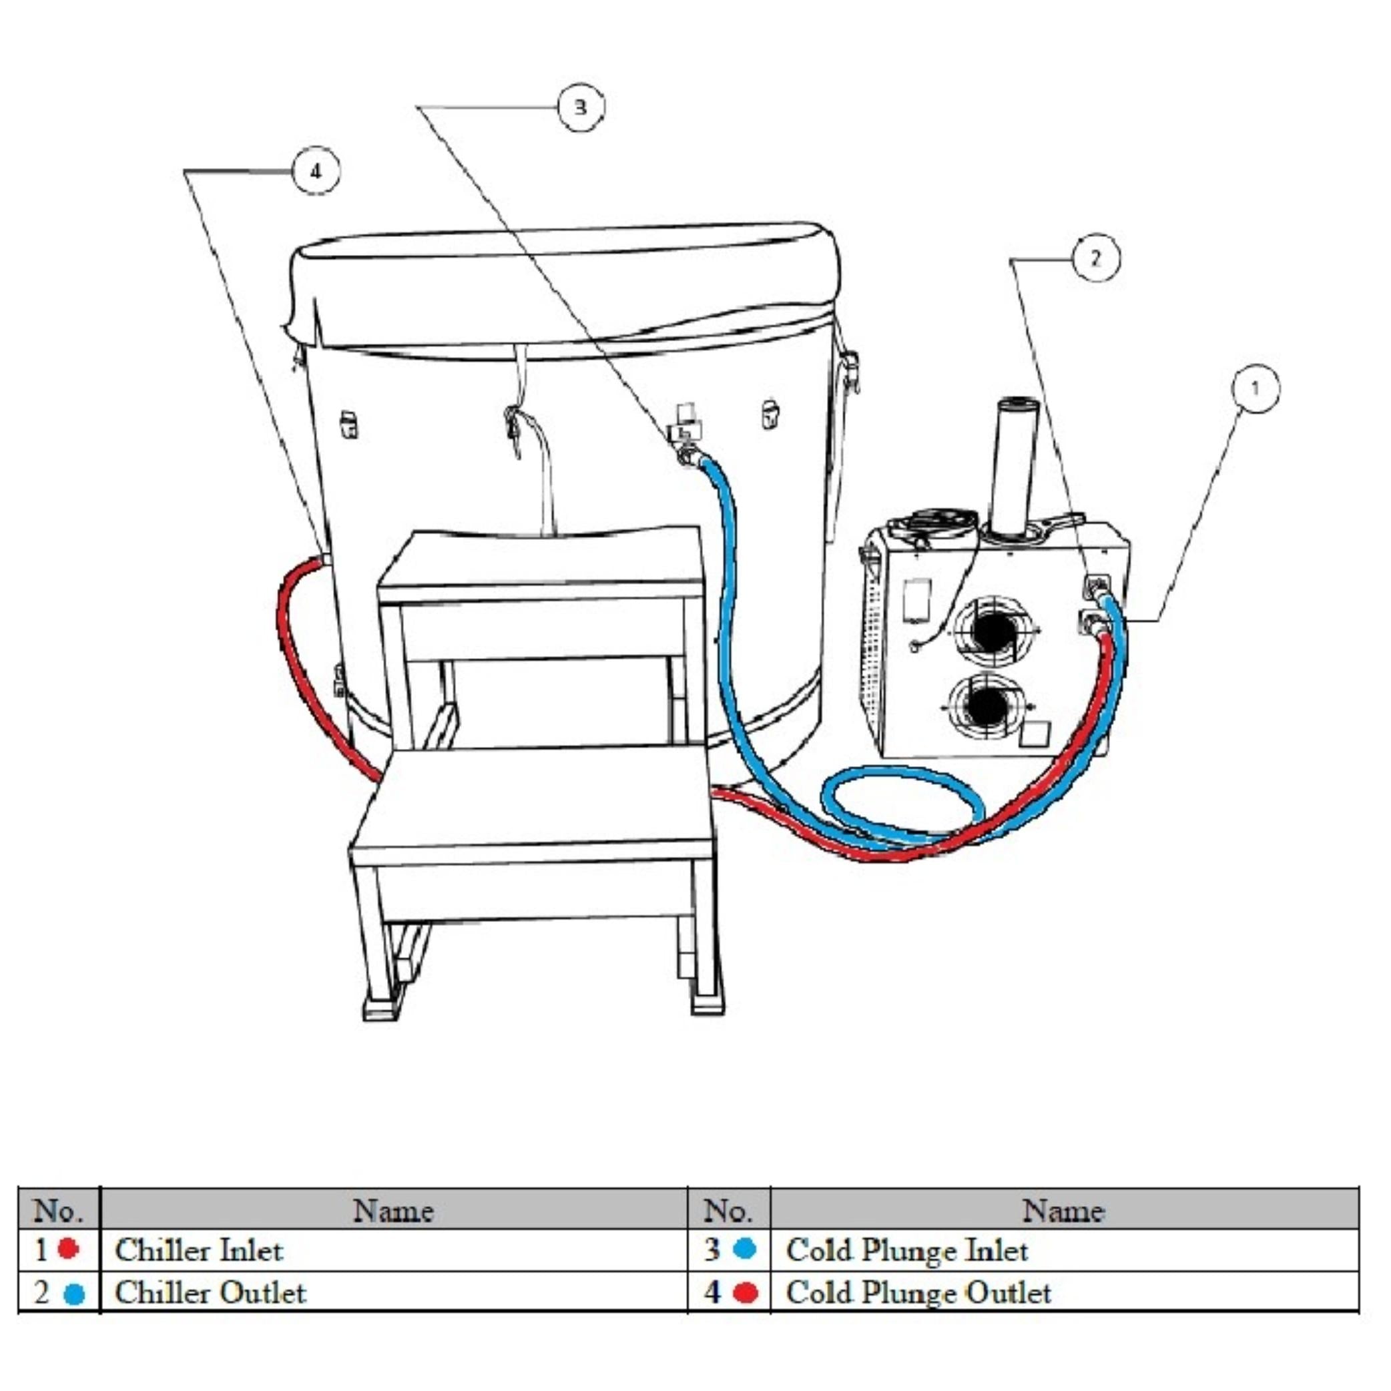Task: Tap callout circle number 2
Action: point(1096,258)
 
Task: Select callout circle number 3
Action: point(581,107)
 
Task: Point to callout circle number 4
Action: point(315,172)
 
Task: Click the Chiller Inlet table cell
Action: point(393,1250)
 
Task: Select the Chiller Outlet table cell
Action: point(393,1292)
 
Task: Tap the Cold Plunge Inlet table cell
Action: point(1064,1250)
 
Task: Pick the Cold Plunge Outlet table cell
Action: point(1064,1292)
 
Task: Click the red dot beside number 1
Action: point(68,1248)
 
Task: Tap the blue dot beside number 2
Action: point(73,1294)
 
